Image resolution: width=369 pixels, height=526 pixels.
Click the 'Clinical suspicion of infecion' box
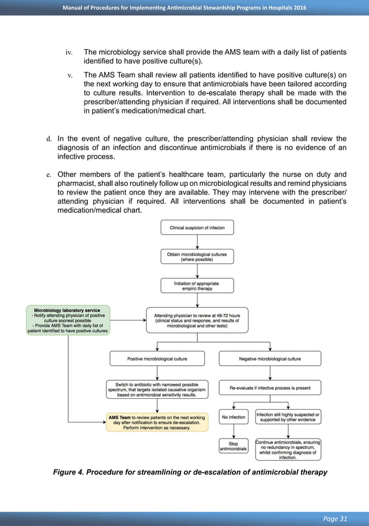[197, 227]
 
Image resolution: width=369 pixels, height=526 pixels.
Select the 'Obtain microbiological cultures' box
[197, 256]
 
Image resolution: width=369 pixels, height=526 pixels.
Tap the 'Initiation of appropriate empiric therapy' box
[197, 285]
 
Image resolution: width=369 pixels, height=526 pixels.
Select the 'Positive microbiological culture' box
[157, 359]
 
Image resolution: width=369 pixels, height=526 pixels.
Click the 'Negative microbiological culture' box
[270, 359]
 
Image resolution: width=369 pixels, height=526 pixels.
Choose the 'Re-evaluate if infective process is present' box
[270, 388]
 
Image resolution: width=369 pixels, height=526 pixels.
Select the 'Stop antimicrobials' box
[233, 446]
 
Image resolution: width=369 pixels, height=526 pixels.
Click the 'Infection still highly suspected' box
[287, 417]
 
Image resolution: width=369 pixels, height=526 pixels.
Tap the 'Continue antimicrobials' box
[287, 450]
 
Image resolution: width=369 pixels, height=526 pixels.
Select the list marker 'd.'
[49, 138]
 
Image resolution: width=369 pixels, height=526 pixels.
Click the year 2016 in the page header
[298, 7]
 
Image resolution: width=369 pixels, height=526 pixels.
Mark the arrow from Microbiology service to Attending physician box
[127, 320]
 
